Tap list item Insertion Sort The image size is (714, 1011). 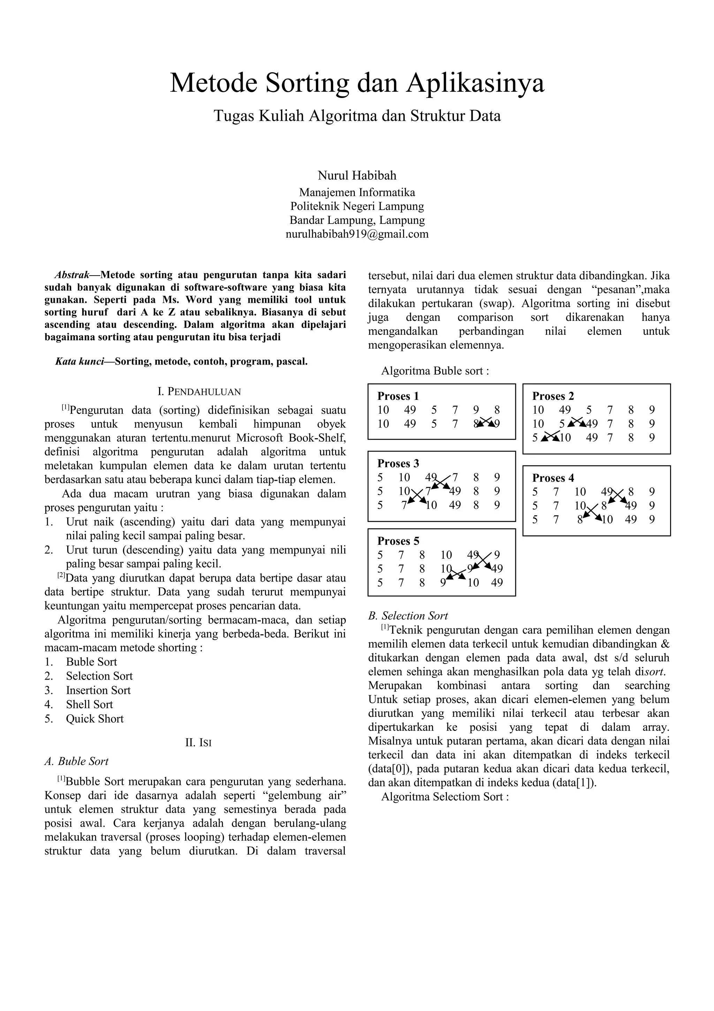[98, 690]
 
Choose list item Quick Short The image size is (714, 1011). [94, 719]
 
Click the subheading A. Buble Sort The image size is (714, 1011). [77, 761]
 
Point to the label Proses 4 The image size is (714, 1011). [553, 478]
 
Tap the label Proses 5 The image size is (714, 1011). [398, 541]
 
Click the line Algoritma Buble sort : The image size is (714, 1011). [435, 371]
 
